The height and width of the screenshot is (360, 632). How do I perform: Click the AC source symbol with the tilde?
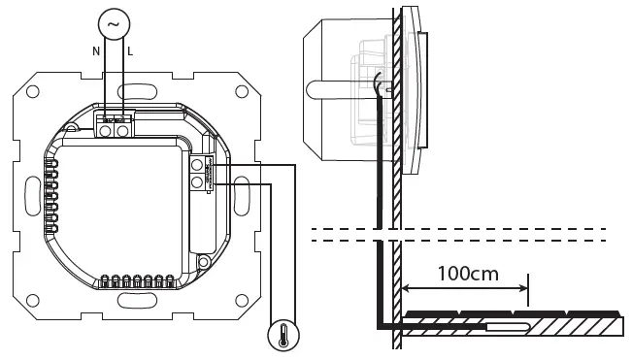click(x=116, y=23)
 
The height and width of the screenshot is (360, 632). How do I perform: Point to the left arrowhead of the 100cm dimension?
click(x=407, y=287)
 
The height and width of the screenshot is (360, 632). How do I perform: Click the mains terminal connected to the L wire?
click(x=122, y=126)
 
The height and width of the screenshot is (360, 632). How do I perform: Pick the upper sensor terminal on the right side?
click(x=197, y=166)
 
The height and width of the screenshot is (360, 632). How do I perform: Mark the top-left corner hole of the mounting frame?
click(x=33, y=93)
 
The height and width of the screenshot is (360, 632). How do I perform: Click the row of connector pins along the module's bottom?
click(x=137, y=281)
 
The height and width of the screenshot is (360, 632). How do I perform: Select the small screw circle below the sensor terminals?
click(x=204, y=259)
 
